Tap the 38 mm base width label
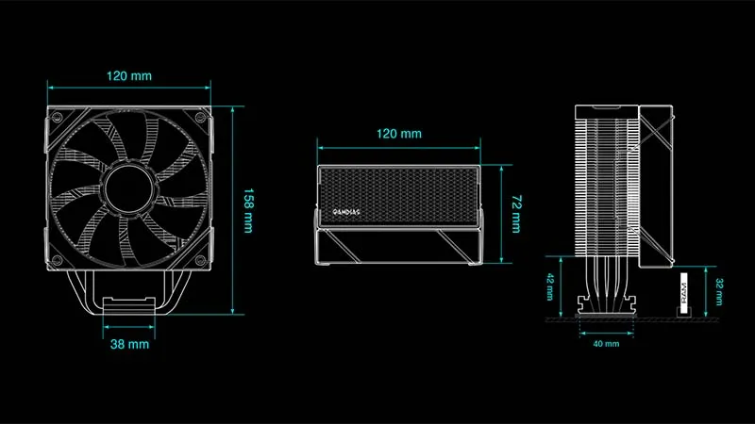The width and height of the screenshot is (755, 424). (x=130, y=344)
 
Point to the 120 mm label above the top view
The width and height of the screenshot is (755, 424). (x=398, y=134)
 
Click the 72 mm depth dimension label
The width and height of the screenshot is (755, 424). (x=515, y=215)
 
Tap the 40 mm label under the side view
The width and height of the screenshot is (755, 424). (x=606, y=344)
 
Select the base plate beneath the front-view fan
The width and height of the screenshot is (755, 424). (x=130, y=306)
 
